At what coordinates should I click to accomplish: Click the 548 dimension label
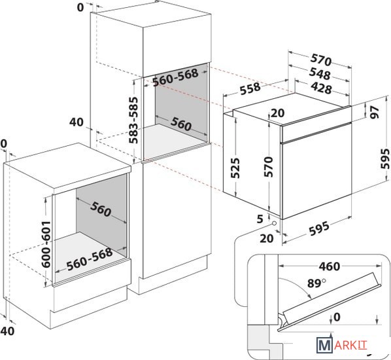320,74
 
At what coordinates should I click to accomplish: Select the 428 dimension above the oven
322,88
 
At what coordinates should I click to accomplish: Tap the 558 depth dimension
250,88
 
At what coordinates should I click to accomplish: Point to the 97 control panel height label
374,112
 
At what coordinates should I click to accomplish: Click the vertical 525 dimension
235,168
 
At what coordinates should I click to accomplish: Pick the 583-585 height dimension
133,120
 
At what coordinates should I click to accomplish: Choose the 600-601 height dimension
46,244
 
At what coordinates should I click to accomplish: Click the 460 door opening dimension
330,266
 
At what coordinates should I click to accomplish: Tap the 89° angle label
316,283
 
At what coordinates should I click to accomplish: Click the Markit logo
342,345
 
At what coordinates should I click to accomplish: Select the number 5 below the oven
260,219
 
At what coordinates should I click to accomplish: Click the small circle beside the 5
275,223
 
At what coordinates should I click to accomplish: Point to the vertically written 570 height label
269,167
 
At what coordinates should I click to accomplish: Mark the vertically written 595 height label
385,159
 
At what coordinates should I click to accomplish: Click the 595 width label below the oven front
319,228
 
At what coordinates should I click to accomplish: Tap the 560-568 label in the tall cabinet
175,77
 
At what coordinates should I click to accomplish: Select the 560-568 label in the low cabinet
90,259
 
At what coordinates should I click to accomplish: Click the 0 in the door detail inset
337,317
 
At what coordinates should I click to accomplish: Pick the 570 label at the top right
321,60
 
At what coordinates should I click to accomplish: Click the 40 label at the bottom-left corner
7,331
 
